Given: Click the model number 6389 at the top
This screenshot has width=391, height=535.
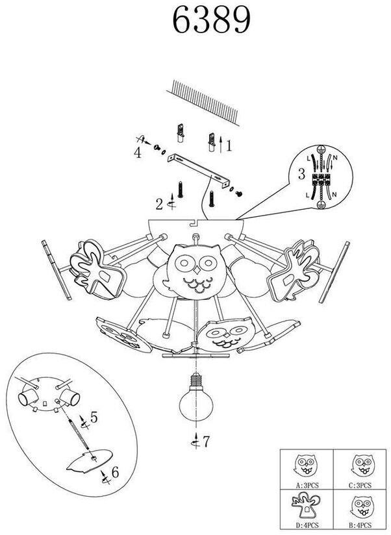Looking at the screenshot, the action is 211,21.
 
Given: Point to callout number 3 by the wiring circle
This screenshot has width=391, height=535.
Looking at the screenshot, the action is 138,153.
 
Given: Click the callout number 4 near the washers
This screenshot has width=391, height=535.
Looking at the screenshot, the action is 94,417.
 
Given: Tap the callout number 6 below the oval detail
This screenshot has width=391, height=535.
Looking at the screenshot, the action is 206,443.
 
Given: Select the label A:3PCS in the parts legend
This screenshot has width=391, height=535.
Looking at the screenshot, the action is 306,484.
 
